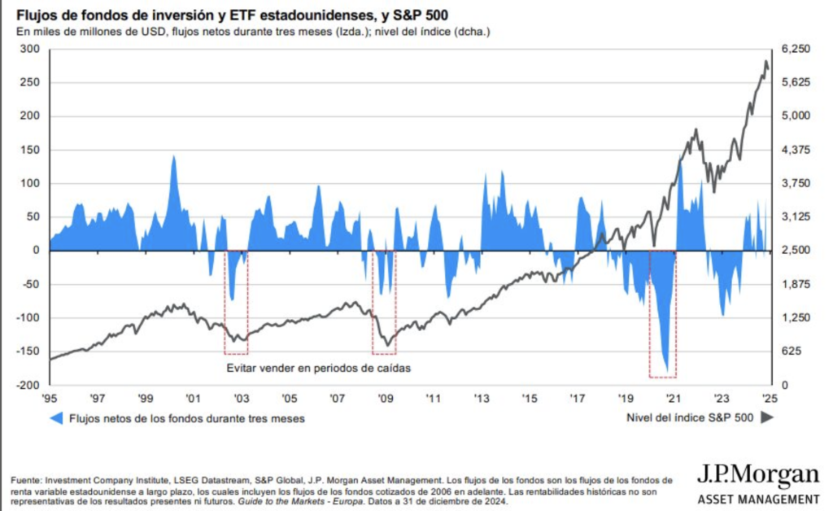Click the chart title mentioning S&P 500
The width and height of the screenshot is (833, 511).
229,15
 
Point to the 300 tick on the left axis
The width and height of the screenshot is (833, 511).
31,49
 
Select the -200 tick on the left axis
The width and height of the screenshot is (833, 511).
28,385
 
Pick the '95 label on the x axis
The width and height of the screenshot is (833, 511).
50,399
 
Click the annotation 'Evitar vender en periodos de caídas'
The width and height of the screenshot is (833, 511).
318,368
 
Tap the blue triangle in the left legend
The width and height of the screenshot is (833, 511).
56,418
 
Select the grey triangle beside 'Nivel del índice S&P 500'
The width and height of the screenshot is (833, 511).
766,417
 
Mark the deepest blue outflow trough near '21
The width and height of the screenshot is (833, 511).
668,370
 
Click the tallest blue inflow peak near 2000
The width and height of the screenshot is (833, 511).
173,157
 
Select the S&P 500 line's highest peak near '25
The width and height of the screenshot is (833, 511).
765,61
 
